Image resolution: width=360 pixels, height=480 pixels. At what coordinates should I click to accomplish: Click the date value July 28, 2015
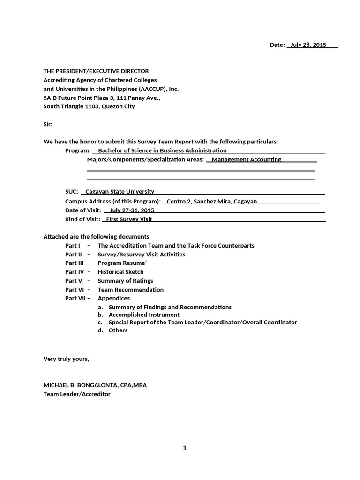[x=308, y=45]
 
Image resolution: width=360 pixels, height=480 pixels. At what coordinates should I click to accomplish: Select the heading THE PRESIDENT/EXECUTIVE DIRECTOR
[x=96, y=71]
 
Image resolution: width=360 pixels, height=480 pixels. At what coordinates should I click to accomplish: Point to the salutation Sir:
[x=48, y=124]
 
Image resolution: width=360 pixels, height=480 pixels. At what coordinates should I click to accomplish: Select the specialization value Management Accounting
[x=247, y=159]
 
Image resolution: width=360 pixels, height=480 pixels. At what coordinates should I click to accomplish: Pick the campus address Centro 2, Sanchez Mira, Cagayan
[x=212, y=201]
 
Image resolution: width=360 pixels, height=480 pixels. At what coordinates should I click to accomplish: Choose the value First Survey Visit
[x=129, y=219]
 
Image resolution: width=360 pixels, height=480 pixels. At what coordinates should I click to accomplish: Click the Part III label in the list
[x=74, y=263]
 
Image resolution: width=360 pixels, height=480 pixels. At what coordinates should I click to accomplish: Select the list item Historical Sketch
[x=120, y=272]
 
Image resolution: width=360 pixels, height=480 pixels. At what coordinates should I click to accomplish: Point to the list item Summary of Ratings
[x=125, y=281]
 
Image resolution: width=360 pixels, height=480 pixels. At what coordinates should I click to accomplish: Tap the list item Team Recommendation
[x=131, y=290]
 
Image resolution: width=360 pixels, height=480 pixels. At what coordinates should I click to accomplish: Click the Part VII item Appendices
[x=114, y=298]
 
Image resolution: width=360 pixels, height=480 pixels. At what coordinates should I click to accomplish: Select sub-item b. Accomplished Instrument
[x=144, y=315]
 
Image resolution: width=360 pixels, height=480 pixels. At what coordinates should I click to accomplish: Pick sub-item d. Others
[x=118, y=330]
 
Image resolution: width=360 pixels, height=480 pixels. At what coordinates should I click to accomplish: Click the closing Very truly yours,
[x=66, y=359]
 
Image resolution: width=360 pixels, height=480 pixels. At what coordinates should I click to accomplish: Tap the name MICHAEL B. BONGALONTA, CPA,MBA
[x=95, y=385]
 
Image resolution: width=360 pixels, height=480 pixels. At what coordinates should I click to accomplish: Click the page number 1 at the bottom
[x=185, y=448]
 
